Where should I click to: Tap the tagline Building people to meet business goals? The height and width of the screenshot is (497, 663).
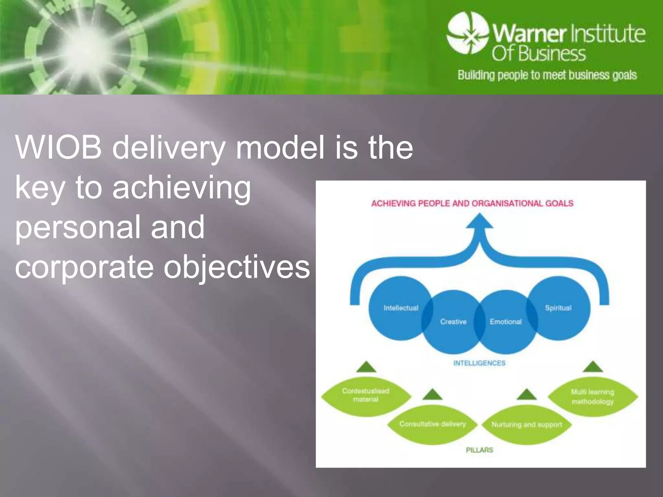click(x=547, y=75)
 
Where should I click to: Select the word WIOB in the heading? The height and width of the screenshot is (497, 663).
click(x=58, y=148)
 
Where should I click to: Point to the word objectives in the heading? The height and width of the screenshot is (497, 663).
click(x=236, y=267)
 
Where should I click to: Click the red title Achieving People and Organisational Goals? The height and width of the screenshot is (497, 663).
click(x=472, y=204)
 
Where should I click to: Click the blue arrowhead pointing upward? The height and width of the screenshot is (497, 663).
click(x=479, y=222)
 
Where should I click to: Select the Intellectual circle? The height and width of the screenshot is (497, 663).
click(x=400, y=308)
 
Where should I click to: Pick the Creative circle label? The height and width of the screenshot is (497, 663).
click(x=453, y=322)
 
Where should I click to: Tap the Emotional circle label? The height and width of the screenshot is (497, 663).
click(x=505, y=322)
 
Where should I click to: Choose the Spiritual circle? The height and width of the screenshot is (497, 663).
click(x=558, y=308)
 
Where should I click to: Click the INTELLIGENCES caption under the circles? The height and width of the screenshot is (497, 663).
click(x=479, y=363)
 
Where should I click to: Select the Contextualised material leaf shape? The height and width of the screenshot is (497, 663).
click(x=366, y=395)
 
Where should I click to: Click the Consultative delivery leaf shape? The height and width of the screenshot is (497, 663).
click(x=432, y=424)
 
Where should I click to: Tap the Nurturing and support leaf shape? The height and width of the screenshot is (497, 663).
click(x=527, y=424)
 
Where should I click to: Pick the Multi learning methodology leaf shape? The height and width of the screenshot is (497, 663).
click(x=592, y=397)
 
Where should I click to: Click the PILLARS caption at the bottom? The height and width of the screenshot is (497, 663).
click(x=479, y=450)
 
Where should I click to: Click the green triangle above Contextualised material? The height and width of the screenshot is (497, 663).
click(x=366, y=367)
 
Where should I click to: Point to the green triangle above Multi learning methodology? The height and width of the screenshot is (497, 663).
click(x=592, y=367)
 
